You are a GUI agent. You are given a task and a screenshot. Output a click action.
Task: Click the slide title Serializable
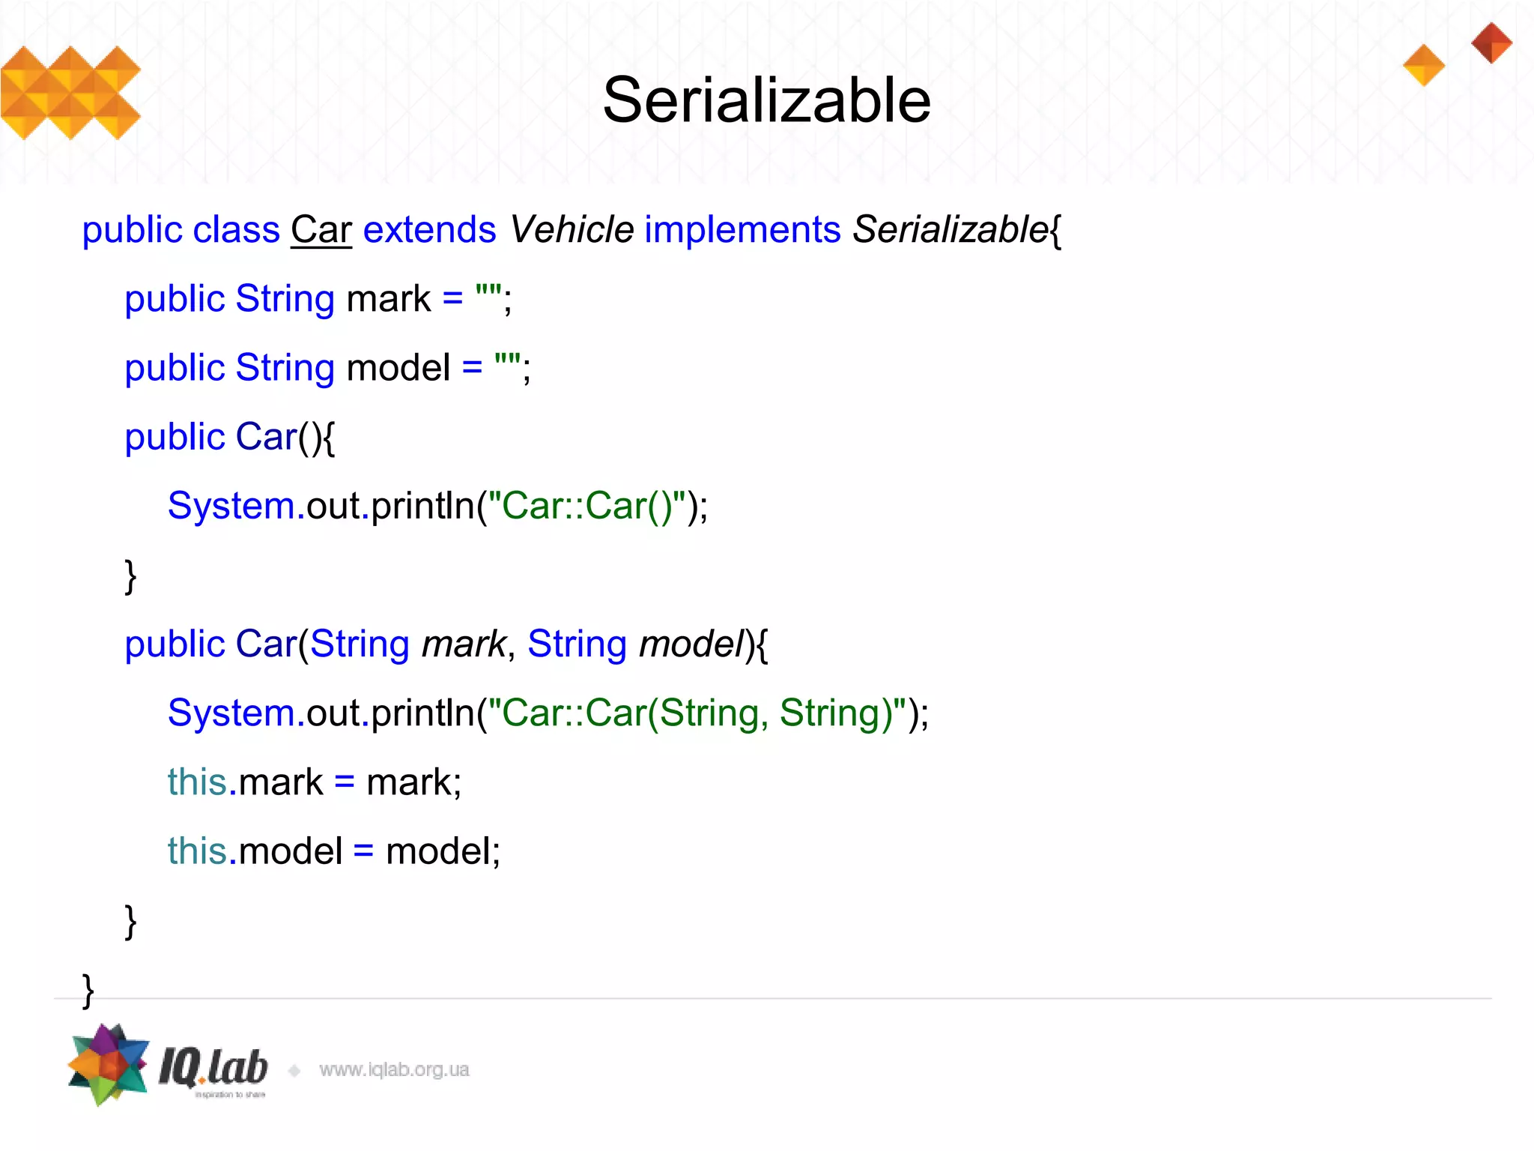[766, 100]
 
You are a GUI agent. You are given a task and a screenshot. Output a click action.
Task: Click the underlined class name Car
[321, 229]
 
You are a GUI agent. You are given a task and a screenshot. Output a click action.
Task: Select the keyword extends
[429, 229]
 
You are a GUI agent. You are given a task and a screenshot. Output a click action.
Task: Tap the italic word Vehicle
[572, 229]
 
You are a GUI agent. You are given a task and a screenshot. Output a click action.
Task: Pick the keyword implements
[742, 229]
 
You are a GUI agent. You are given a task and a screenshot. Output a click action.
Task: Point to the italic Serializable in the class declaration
[950, 229]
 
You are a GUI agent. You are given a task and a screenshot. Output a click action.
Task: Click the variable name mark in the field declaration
[388, 299]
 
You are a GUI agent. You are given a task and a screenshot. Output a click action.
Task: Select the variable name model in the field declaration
[398, 368]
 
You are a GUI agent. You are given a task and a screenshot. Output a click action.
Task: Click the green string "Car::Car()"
[586, 506]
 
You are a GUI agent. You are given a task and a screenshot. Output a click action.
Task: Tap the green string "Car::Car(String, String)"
[697, 713]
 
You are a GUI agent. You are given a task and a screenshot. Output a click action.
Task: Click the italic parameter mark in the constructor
[464, 644]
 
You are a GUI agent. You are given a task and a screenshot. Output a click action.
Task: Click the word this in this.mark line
[197, 782]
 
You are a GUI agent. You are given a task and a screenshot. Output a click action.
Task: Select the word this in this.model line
[197, 851]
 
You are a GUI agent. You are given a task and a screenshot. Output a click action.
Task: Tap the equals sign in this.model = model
[363, 852]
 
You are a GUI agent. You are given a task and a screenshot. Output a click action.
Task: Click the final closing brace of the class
[88, 991]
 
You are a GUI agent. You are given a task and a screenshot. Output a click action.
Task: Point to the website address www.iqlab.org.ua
[394, 1069]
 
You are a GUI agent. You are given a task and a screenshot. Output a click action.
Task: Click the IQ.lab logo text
[213, 1067]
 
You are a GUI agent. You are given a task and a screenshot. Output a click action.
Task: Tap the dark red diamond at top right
[1491, 43]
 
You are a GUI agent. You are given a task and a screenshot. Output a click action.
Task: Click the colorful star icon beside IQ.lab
[109, 1064]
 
